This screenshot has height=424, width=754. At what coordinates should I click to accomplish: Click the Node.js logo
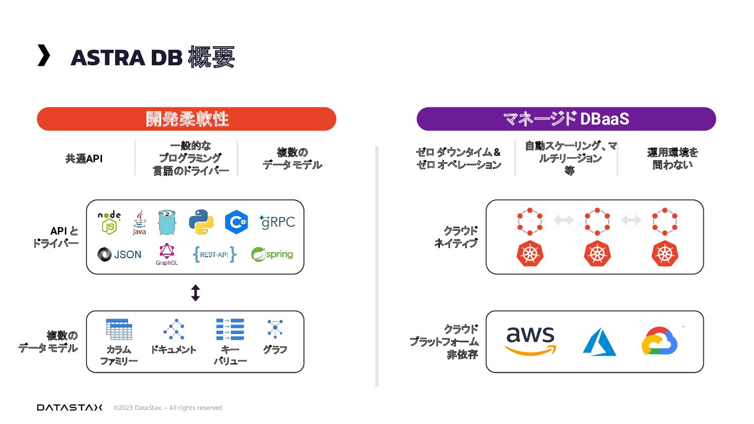109,223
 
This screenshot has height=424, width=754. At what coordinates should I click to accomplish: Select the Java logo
139,223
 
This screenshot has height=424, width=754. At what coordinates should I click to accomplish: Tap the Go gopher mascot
167,223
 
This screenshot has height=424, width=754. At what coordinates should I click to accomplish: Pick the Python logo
201,222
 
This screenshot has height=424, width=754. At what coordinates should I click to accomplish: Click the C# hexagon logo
236,222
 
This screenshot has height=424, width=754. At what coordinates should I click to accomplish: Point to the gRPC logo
277,222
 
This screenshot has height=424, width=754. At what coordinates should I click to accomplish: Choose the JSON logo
120,255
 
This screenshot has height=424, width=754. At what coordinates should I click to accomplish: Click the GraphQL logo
166,254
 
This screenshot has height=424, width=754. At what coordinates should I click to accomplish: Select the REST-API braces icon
214,255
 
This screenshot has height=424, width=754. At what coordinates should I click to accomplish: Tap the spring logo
272,255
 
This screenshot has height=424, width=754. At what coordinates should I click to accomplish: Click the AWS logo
530,341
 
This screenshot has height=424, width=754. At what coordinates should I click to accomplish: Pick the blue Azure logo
599,342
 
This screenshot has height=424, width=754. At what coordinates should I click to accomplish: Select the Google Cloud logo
659,341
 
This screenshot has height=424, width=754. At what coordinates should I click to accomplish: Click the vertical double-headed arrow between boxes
196,293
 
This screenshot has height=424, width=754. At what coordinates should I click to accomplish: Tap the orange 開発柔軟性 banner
186,119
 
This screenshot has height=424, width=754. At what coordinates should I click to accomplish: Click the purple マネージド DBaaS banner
566,119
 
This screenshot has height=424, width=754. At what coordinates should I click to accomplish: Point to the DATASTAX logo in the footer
69,407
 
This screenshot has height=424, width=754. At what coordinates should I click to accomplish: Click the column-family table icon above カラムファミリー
119,329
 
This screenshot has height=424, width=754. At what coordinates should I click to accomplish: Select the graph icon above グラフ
275,329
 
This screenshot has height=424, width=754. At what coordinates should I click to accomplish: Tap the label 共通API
84,159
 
